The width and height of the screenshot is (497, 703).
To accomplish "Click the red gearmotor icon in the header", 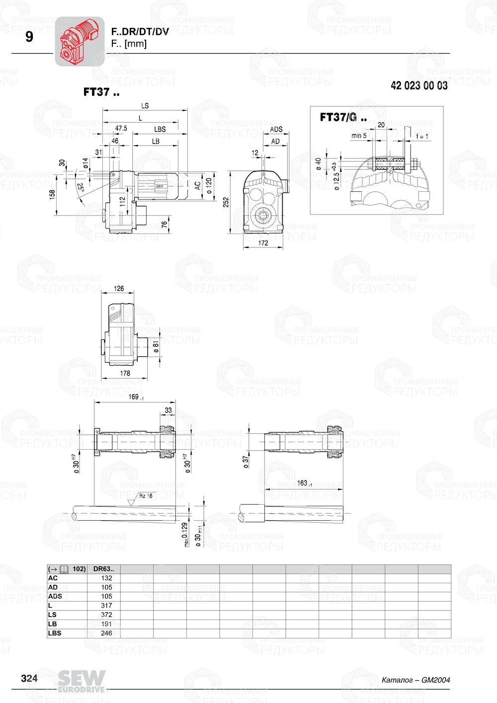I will (x=79, y=41).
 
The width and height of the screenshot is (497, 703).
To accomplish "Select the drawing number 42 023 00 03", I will (x=418, y=86).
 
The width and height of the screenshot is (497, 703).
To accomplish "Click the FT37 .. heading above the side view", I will (x=101, y=92).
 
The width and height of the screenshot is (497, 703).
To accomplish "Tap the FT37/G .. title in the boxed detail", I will (x=343, y=118).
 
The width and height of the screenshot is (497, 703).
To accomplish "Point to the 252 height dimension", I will (x=226, y=202).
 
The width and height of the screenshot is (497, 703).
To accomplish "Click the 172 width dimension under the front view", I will (x=263, y=243).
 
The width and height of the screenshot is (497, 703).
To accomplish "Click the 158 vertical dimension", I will (x=53, y=195).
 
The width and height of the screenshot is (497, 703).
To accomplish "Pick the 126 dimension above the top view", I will (x=119, y=289).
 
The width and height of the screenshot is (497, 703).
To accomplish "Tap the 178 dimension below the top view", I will (x=125, y=373).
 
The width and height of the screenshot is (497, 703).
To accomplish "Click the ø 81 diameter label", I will (x=156, y=347).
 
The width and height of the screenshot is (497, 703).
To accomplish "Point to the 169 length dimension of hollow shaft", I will (x=135, y=396).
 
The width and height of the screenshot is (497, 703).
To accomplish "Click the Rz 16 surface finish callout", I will (x=146, y=496).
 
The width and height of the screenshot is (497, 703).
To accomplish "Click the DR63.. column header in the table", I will (x=103, y=569).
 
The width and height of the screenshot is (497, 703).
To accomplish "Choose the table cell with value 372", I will (x=106, y=615).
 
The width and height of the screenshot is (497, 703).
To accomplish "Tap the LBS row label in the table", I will (x=55, y=633).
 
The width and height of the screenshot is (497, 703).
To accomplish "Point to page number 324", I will (x=29, y=679).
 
